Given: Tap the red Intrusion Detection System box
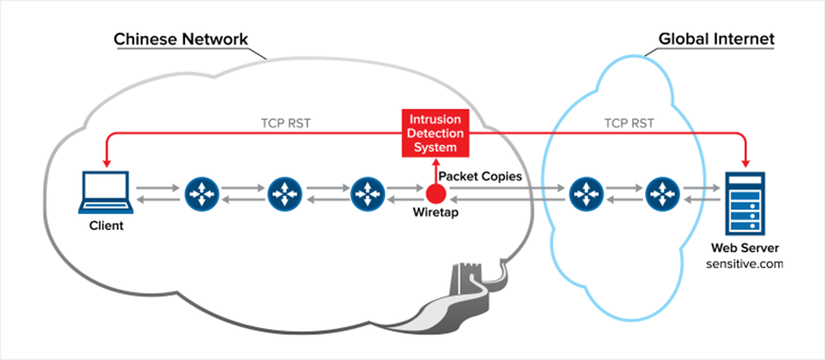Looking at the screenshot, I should [436, 133].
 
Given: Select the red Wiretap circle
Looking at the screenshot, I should [436, 193].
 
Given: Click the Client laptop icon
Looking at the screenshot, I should [104, 192].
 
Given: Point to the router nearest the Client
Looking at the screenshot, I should [200, 193].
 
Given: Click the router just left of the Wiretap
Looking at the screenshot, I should [367, 193].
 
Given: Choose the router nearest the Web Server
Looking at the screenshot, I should [662, 193].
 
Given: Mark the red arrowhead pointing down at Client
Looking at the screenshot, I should [104, 162].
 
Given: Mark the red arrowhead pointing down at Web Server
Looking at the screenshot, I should [744, 162].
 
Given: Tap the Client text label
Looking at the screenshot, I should [105, 226].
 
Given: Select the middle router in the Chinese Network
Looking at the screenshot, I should [283, 193].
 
